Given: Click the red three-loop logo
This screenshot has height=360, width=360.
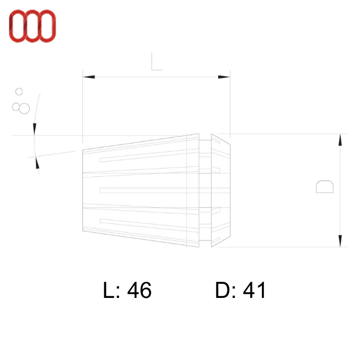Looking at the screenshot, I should (32, 26).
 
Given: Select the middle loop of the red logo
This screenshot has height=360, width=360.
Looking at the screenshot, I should (32, 26).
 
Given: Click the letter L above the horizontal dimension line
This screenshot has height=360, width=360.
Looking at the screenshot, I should (156, 63).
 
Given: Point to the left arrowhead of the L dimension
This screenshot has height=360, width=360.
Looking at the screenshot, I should (89, 77).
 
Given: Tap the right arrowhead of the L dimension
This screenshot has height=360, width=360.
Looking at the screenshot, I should (224, 77).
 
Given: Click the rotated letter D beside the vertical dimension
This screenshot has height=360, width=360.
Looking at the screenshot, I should (325, 187).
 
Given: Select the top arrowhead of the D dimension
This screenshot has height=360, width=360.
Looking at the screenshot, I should (340, 140).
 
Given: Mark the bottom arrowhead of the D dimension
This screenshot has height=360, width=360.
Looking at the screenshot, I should (340, 241).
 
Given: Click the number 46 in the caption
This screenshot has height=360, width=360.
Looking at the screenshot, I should (139, 291).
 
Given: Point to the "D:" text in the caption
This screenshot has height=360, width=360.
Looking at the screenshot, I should (225, 291).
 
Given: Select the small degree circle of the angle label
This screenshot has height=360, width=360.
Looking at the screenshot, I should (19, 92).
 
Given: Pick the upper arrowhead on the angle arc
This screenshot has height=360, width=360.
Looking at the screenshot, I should (35, 129).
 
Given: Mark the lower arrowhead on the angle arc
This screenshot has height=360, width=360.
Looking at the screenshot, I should (37, 162).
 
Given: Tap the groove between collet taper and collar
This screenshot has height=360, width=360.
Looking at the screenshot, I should (205, 190).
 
